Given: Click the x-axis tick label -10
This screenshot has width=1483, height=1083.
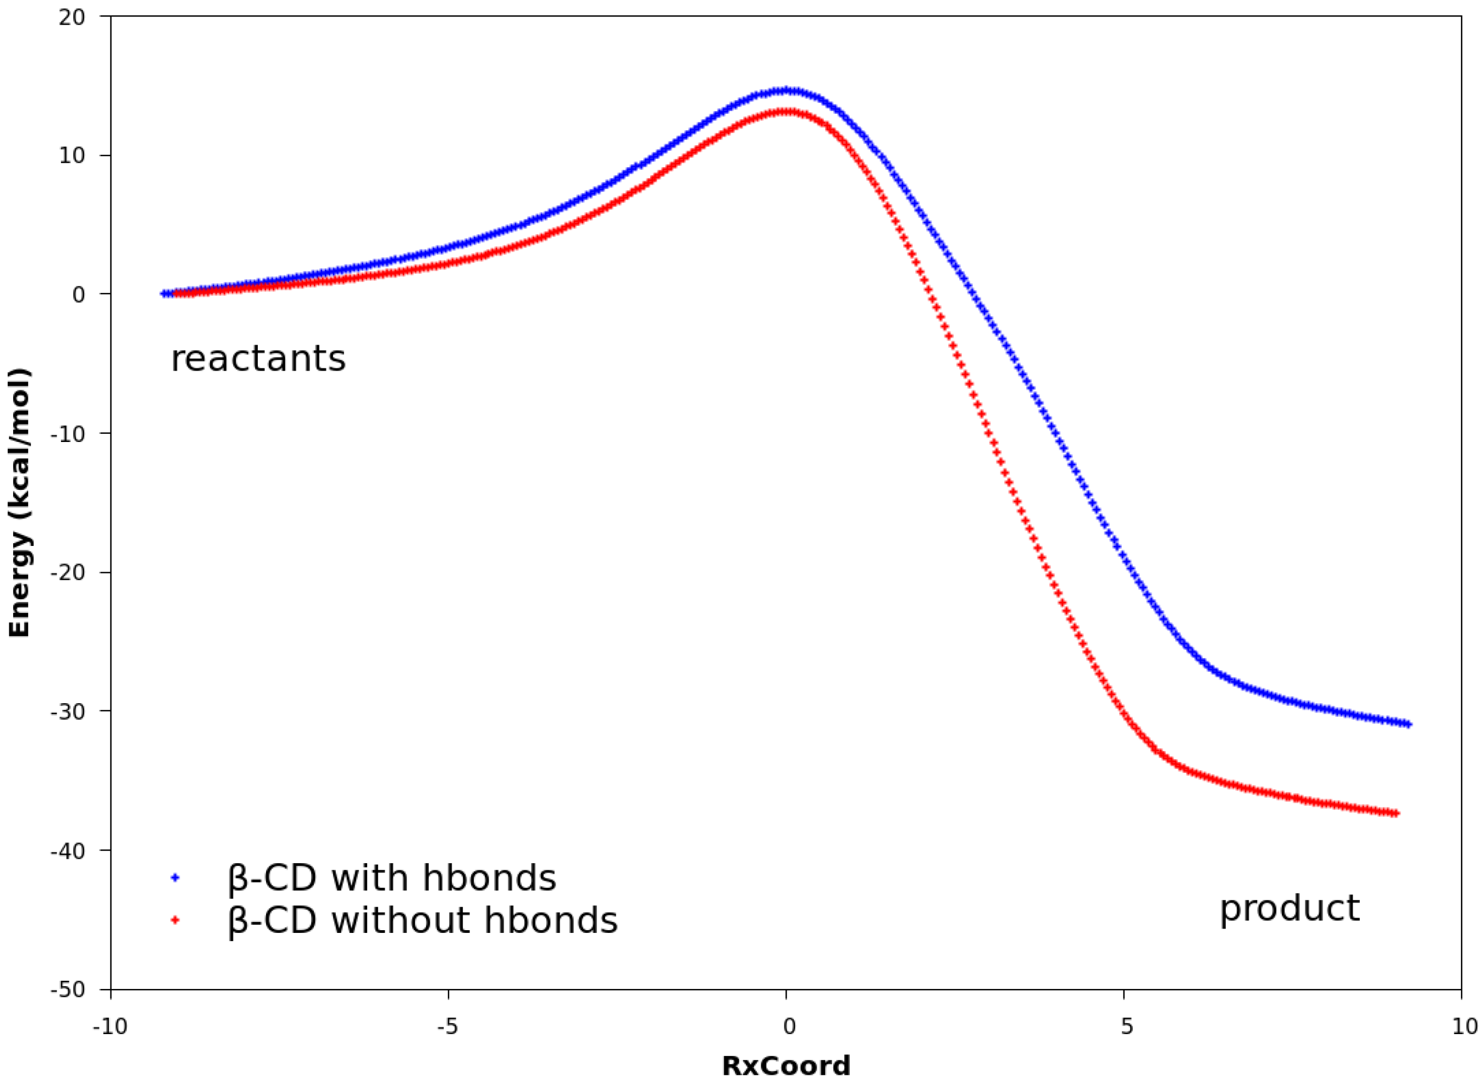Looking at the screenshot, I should (110, 1026).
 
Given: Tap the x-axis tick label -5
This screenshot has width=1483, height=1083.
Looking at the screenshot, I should (447, 1026).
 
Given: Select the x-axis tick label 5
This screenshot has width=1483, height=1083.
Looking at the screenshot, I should (1126, 1026).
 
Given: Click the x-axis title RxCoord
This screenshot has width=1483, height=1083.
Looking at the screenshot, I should (785, 1066).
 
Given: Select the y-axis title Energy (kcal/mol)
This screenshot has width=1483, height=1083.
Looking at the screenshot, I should (20, 504).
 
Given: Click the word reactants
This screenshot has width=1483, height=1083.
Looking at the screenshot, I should (258, 358).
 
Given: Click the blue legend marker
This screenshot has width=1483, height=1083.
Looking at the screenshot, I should (175, 877).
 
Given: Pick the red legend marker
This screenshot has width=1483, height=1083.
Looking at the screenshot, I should (175, 920).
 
